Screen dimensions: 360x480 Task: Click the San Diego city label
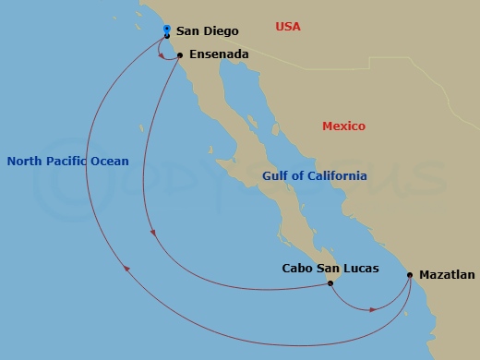[x=200, y=31]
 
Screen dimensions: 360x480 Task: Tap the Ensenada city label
[x=219, y=54]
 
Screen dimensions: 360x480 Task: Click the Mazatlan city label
[x=448, y=275]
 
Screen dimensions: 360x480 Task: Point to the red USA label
[x=288, y=26]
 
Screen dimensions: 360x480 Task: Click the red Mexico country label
[x=343, y=126]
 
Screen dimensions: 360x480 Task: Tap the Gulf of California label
[x=314, y=175]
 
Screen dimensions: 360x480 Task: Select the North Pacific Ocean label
[x=67, y=161]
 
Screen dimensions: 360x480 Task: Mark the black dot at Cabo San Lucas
[x=330, y=283]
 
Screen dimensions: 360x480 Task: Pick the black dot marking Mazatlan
[x=409, y=275]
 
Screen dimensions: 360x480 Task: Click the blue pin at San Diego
[x=166, y=30]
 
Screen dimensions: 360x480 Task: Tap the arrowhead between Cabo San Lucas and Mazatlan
[x=372, y=309]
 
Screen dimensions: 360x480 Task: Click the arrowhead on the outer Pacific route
[x=126, y=269]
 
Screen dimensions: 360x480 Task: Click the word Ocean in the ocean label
[x=111, y=161]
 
